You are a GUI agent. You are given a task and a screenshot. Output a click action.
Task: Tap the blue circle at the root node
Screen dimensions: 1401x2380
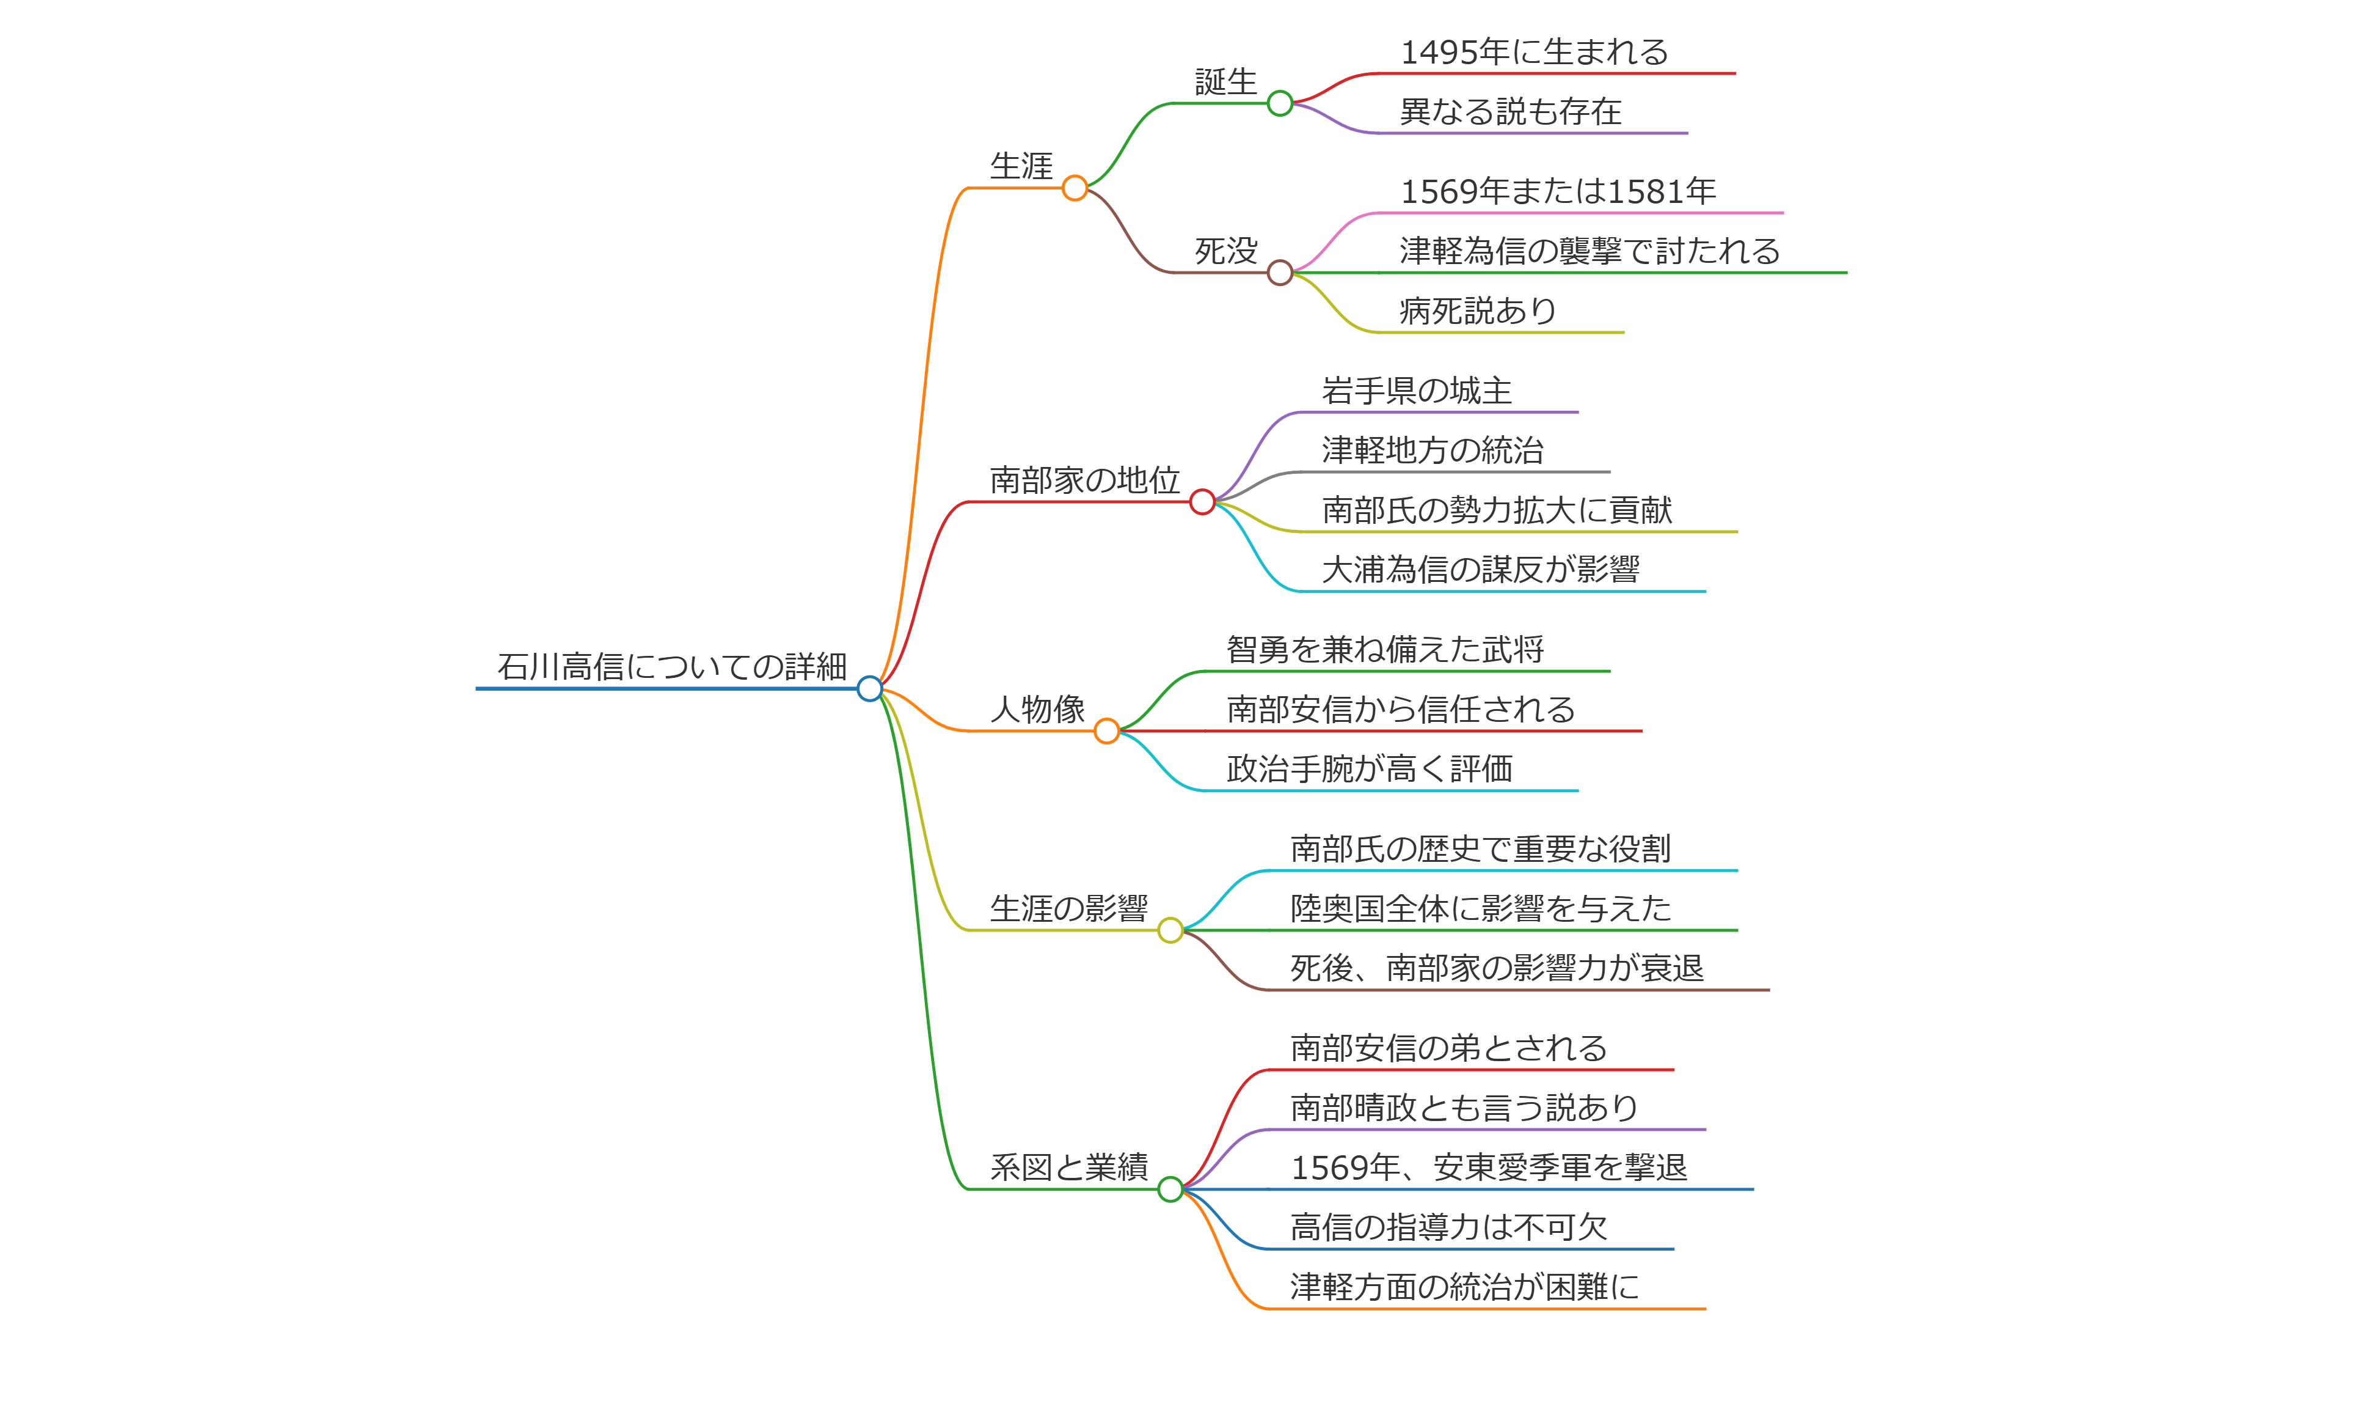869,689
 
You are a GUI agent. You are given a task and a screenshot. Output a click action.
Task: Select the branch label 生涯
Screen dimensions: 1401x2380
1021,166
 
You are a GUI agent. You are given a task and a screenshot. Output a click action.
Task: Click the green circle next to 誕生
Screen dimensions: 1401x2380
1280,103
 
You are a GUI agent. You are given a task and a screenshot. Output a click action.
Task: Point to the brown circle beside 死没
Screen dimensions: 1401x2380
1280,273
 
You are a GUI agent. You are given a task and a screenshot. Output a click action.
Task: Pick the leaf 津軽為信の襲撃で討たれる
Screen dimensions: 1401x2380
1590,251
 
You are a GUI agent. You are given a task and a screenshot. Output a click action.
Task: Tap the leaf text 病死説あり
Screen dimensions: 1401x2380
1478,311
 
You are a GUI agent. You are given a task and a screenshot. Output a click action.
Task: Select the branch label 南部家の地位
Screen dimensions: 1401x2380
1084,480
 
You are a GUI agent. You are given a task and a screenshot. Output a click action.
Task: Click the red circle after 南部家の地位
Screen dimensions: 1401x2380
1202,502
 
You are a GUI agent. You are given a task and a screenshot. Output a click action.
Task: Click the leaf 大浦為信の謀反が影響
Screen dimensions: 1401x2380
1480,570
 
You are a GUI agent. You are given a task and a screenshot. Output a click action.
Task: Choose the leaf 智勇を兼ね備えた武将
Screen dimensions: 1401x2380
1384,650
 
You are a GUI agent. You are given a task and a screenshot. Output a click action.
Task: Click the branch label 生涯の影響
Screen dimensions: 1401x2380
1068,909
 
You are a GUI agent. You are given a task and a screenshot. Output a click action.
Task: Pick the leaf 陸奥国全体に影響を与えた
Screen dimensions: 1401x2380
1480,909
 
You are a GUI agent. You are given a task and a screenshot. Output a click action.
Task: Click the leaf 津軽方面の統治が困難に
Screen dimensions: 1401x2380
1464,1287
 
